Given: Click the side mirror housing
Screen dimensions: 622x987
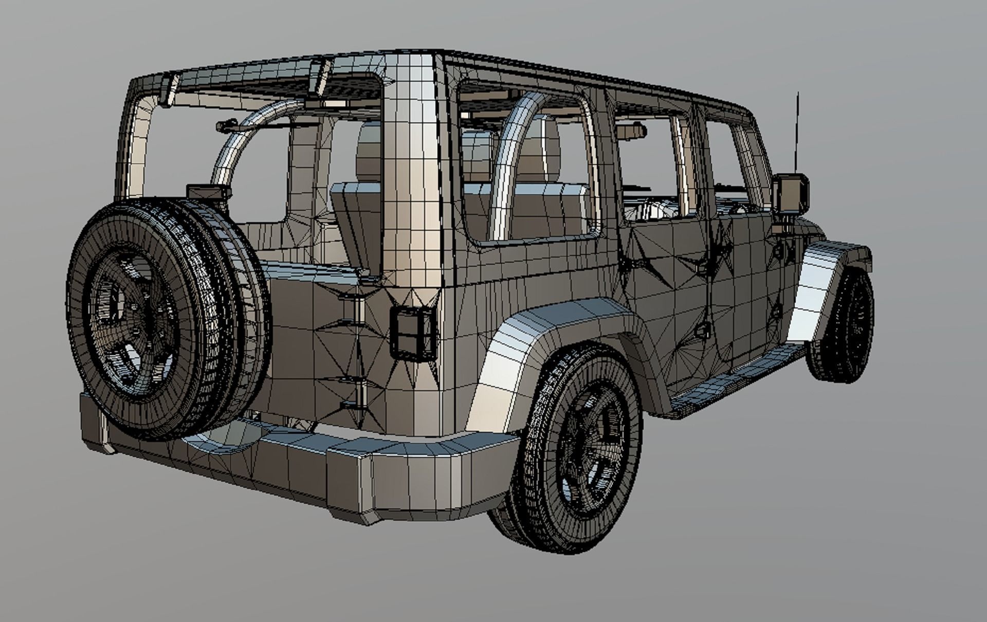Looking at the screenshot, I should point(790,193).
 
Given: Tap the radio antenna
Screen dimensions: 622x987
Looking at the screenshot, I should point(797,134).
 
